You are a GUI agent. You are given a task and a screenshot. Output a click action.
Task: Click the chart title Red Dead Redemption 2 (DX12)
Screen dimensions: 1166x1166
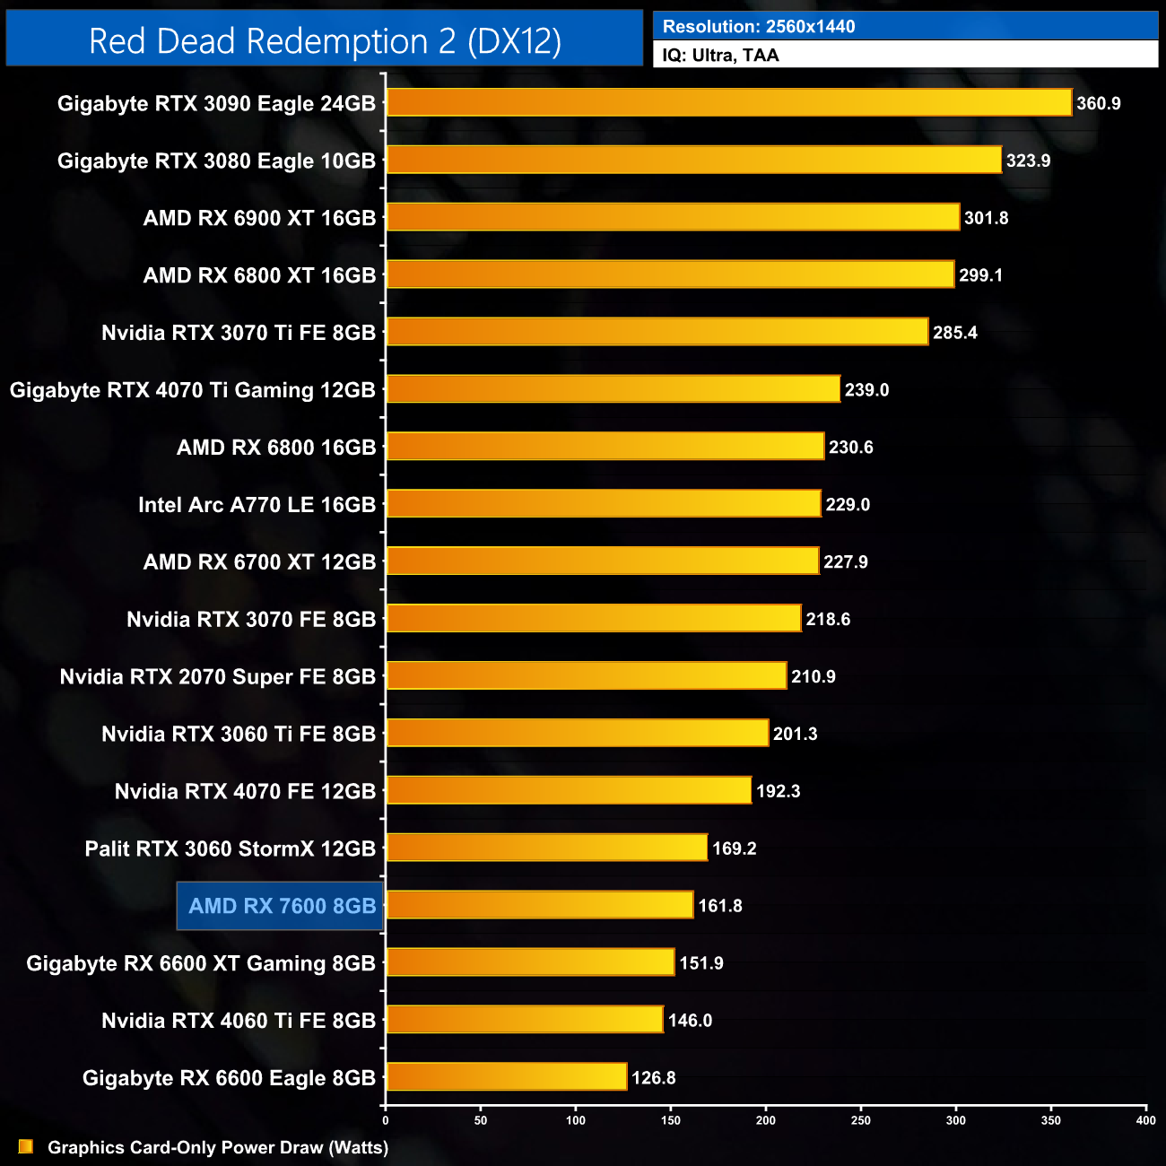click(x=325, y=41)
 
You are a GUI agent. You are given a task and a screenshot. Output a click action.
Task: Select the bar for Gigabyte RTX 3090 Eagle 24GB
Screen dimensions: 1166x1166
click(x=728, y=102)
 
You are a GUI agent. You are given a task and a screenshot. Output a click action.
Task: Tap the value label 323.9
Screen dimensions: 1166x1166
click(x=1028, y=161)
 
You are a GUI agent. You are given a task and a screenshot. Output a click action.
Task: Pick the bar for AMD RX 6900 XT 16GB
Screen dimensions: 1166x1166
click(x=673, y=217)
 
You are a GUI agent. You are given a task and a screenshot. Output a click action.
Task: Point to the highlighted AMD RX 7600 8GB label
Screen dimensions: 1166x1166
click(x=281, y=906)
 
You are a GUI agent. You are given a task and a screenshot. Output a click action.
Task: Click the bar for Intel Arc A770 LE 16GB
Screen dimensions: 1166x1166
click(x=603, y=504)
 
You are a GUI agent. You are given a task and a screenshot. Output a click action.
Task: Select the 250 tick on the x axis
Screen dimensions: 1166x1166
click(x=861, y=1119)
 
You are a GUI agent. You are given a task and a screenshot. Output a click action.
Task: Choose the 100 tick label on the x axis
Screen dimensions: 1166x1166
click(x=576, y=1119)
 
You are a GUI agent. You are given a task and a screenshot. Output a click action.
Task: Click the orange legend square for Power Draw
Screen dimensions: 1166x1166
click(x=26, y=1146)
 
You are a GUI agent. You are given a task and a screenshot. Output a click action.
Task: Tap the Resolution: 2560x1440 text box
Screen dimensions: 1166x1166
click(x=905, y=26)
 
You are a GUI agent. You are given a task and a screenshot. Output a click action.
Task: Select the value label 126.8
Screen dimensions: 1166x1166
click(x=654, y=1077)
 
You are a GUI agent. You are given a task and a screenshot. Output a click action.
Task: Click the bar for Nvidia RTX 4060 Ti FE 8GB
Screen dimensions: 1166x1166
click(x=525, y=1020)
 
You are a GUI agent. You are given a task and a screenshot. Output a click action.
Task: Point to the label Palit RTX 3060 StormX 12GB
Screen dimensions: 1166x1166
click(x=230, y=848)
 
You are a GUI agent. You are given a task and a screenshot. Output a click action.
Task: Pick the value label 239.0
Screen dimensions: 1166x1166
click(x=866, y=389)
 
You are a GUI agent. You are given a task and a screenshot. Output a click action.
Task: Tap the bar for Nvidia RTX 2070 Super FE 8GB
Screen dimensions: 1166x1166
click(x=587, y=675)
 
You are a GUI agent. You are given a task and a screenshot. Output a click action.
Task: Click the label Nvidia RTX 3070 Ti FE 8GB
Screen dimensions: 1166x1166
click(x=238, y=333)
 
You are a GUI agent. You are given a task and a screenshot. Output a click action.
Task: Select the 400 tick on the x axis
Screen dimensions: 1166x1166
click(x=1145, y=1119)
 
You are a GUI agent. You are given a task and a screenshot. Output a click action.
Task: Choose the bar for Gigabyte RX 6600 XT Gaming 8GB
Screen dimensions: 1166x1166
click(x=530, y=962)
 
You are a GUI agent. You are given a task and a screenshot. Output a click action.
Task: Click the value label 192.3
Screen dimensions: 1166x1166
click(x=779, y=791)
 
